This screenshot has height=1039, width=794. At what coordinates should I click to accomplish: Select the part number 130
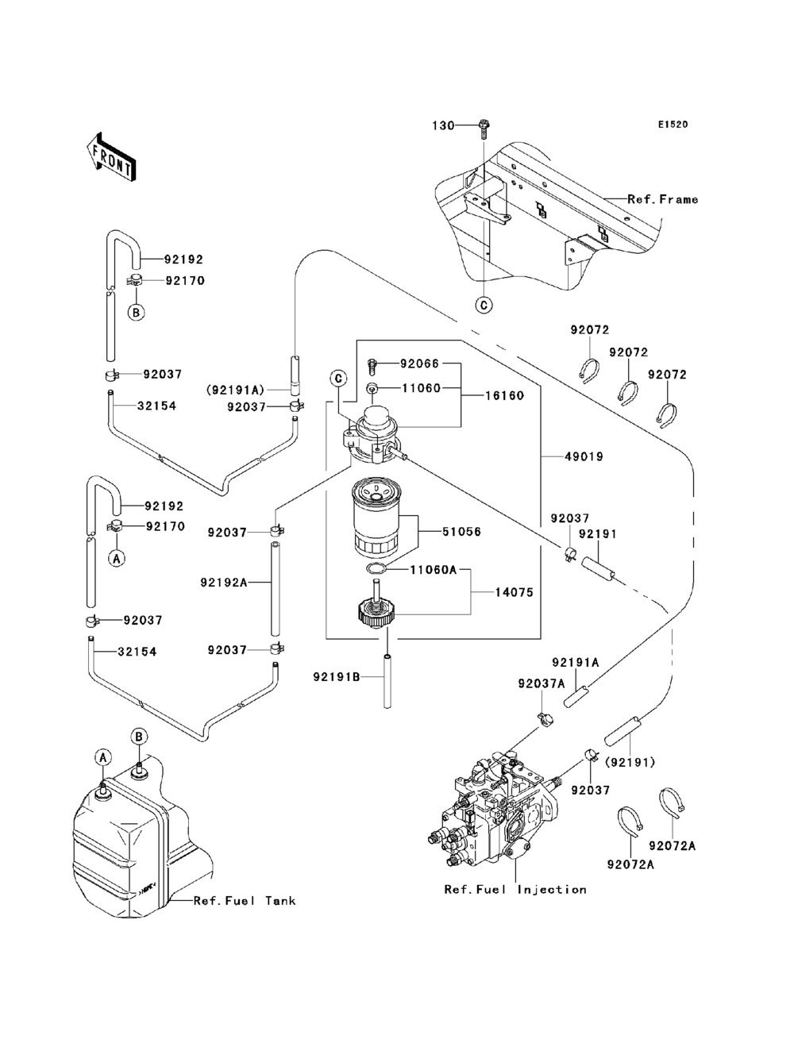443,125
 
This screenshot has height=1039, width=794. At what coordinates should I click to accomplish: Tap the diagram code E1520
672,125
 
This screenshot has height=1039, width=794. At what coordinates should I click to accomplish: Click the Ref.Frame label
662,199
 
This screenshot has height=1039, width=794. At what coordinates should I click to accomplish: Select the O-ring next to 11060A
377,569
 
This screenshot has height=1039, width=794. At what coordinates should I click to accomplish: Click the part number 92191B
337,676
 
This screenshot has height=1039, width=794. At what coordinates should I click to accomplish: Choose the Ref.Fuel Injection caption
515,890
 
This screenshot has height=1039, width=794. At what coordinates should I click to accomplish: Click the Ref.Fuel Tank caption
245,900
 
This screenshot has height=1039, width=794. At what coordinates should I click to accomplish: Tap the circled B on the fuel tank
138,737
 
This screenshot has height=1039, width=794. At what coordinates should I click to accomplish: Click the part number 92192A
224,583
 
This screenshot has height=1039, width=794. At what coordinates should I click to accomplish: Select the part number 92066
419,364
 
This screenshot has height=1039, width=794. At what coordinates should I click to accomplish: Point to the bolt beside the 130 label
484,125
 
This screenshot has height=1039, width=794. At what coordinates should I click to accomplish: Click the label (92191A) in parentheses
236,390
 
